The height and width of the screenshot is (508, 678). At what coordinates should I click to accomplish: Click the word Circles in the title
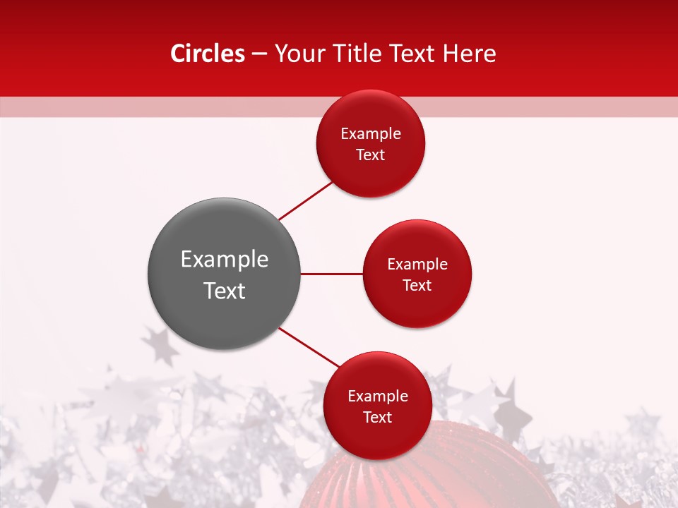[207, 54]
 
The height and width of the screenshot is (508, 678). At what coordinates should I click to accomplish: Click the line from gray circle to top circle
[305, 200]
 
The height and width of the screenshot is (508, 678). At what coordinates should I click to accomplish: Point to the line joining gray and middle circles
[332, 274]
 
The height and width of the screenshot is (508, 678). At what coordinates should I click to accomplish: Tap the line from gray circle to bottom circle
[309, 347]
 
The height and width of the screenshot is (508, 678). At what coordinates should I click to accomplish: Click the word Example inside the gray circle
[225, 260]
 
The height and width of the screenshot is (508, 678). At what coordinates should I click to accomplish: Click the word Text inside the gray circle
[225, 291]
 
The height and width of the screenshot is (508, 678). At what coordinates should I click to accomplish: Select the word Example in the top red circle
[371, 134]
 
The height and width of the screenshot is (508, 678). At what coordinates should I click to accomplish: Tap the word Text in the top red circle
[371, 155]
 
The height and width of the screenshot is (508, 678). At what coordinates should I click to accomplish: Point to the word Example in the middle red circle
[417, 265]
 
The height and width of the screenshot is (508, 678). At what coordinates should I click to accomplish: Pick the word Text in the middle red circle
[417, 285]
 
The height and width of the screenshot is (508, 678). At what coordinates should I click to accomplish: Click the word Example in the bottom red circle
[378, 397]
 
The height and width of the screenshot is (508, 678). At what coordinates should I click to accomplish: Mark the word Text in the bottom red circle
[378, 418]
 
